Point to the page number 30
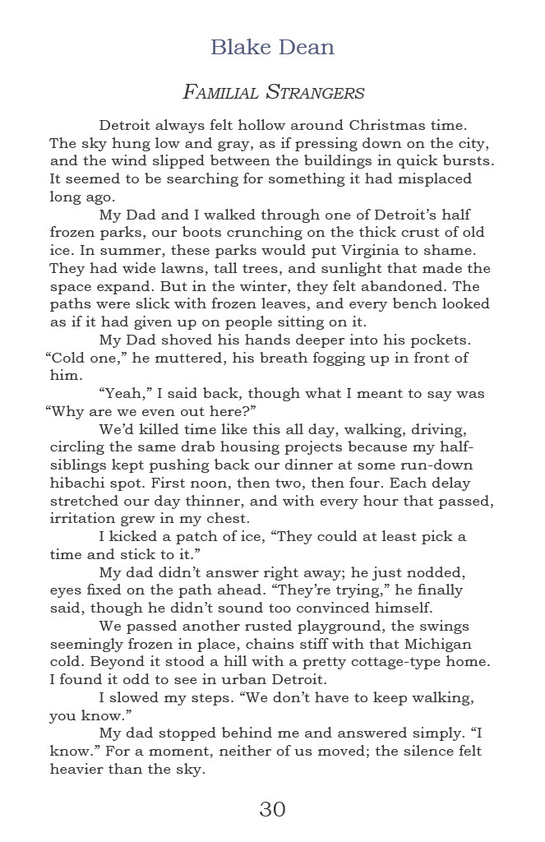pos(272,809)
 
